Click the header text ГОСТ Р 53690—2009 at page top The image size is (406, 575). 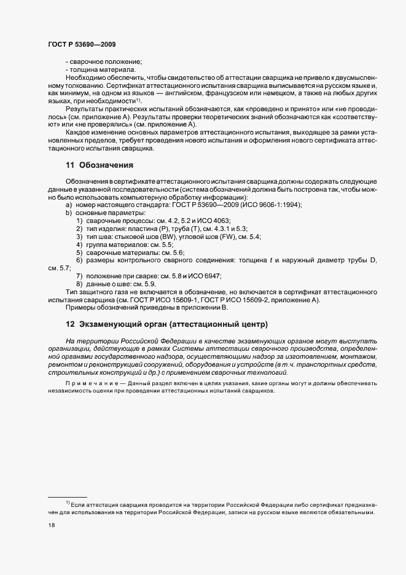click(81, 44)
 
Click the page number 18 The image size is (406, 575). click(51, 525)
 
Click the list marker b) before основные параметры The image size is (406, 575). click(69, 213)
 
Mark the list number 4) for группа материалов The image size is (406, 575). click(79, 244)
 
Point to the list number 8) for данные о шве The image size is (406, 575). click(79, 284)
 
